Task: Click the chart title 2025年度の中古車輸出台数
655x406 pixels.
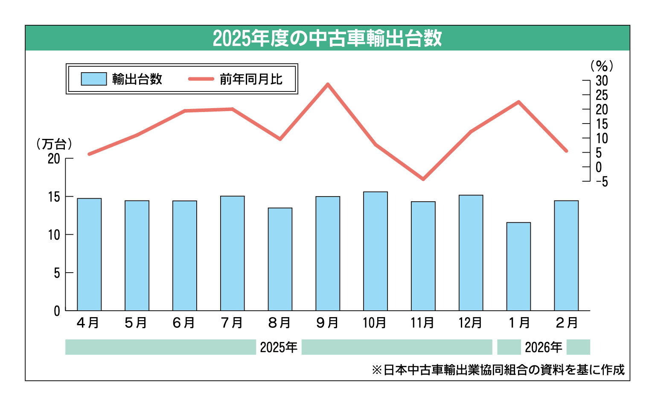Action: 327,38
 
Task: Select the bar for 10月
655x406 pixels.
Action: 376,251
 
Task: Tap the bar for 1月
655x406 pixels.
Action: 518,267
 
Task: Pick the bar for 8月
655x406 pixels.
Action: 280,259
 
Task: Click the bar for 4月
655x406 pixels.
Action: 89,255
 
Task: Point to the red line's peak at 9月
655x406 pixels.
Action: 328,84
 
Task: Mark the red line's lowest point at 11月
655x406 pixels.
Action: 423,179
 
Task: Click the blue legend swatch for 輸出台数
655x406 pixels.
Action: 94,79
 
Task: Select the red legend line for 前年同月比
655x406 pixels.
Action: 201,79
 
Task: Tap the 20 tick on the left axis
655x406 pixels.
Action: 54,159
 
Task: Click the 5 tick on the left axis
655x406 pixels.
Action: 57,273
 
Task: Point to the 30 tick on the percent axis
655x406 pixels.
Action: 602,80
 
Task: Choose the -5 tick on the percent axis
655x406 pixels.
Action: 602,182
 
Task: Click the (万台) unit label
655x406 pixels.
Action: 54,144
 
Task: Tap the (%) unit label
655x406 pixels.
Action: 602,66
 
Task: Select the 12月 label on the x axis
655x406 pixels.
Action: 470,323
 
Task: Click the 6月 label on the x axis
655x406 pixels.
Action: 184,323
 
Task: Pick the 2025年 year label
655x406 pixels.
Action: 279,347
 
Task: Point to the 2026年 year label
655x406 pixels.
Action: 543,347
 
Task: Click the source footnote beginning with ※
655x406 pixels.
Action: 498,370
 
